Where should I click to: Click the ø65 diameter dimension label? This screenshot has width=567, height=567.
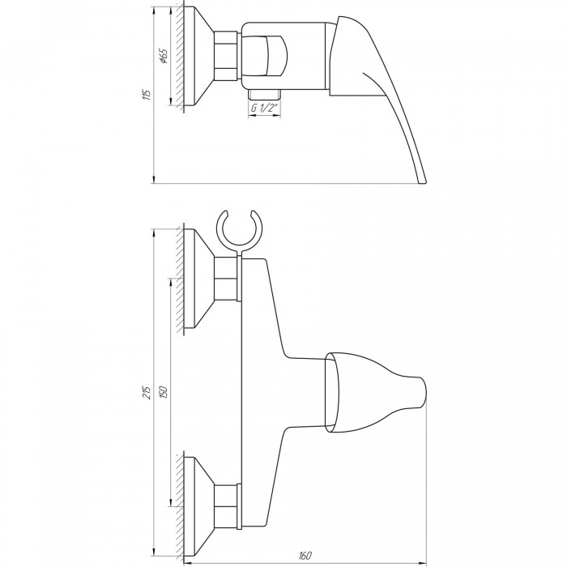coord(164,56)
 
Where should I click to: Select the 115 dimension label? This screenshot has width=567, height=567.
coord(147,94)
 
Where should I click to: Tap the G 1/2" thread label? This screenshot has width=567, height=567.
coord(264,108)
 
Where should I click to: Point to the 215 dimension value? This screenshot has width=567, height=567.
coord(147,392)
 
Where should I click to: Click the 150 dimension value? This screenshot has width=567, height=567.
coord(164,392)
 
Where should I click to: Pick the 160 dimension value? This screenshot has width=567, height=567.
coord(305,555)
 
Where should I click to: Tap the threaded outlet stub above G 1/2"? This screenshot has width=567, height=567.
coord(264,94)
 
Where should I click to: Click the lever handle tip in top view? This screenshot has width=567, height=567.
coord(423,182)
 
